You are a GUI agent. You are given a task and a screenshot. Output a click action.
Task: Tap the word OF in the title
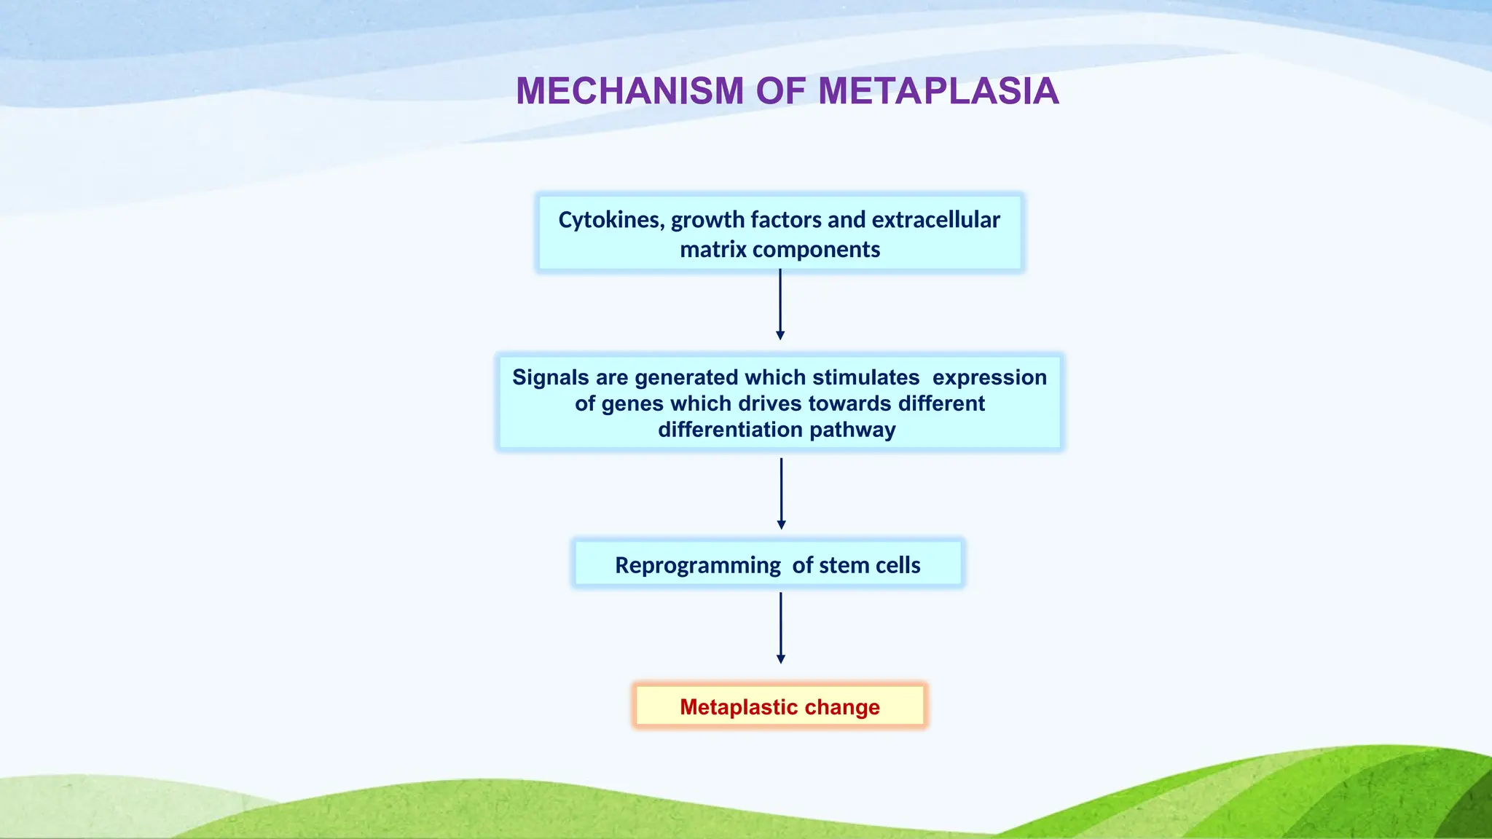coord(781,92)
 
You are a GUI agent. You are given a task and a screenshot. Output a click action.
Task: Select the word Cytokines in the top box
coord(610,220)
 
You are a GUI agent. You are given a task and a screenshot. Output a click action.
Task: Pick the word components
coord(816,250)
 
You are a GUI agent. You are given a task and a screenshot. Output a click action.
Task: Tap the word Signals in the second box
coord(550,377)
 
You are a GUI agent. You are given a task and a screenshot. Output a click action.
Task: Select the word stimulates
coord(865,377)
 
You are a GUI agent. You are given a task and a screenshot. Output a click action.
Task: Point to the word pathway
coord(852,430)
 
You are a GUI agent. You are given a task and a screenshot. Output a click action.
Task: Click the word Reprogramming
coord(697,565)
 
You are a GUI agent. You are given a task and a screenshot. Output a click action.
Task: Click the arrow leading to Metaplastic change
coord(781,628)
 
